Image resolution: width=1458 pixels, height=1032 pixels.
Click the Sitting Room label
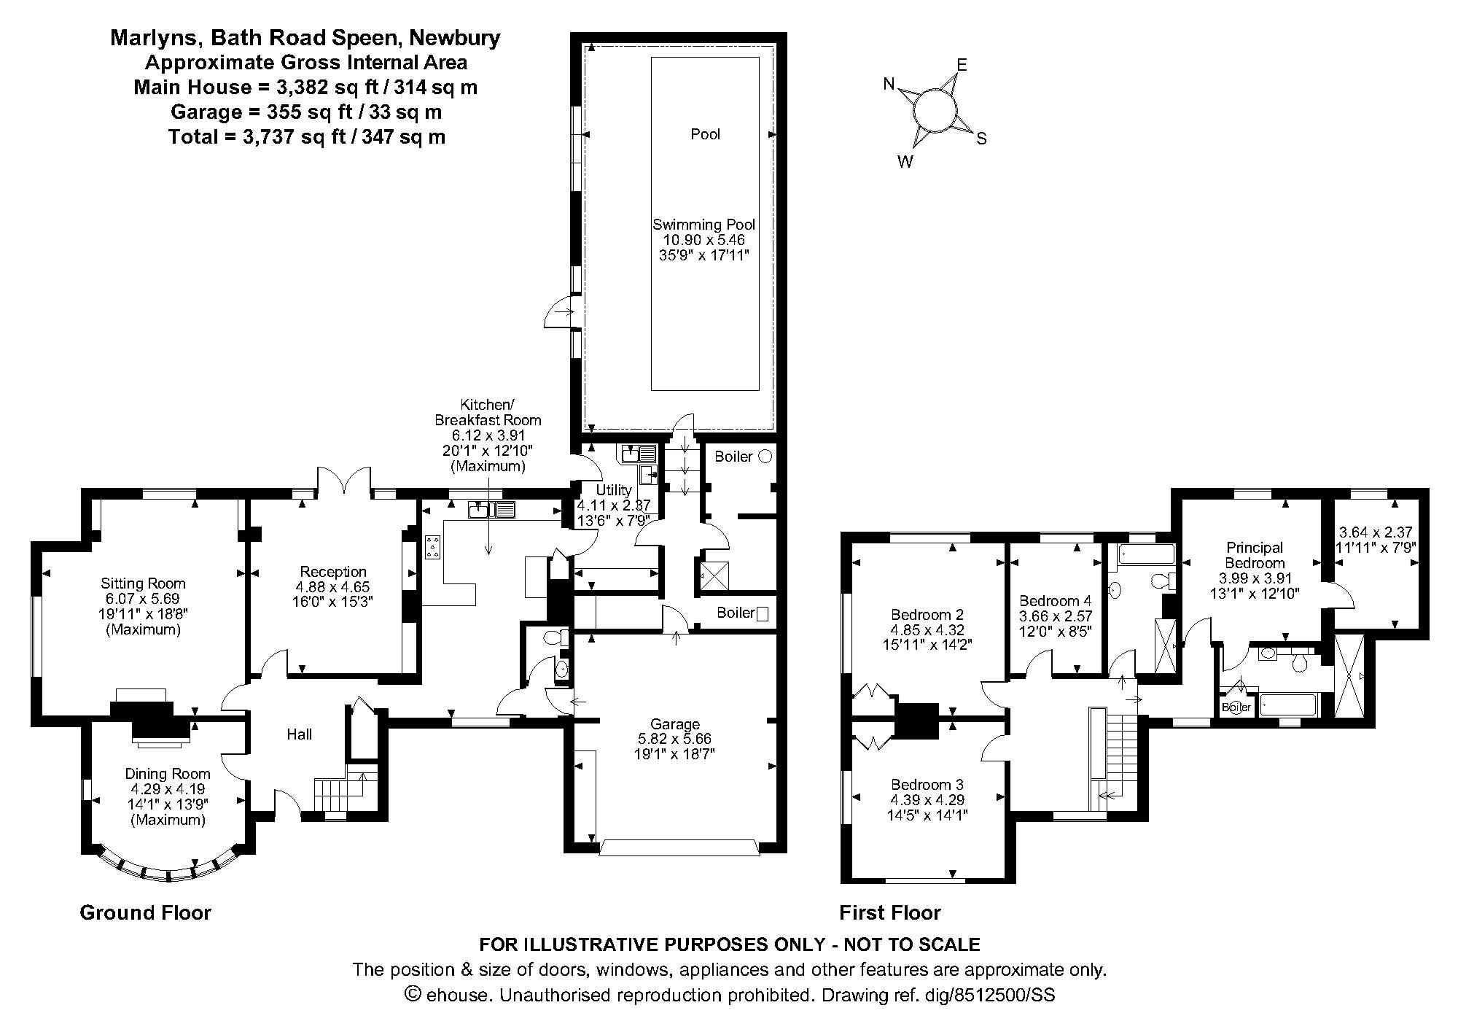pyautogui.click(x=143, y=583)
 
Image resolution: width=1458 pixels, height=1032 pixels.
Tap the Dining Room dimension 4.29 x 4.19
pyautogui.click(x=168, y=789)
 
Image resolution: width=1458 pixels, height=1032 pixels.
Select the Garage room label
pyautogui.click(x=675, y=724)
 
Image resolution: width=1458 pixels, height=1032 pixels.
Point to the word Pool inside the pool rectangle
pyautogui.click(x=705, y=134)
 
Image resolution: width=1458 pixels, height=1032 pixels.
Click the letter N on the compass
pyautogui.click(x=889, y=85)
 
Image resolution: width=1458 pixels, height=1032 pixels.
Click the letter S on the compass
pyautogui.click(x=981, y=139)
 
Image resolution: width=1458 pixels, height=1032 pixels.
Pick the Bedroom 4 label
pyautogui.click(x=1055, y=601)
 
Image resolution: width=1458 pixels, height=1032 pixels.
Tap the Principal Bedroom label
pyautogui.click(x=1254, y=555)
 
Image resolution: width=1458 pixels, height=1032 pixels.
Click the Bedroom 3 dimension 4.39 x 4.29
pyautogui.click(x=927, y=800)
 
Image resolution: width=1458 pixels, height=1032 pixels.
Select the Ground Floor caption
pyautogui.click(x=145, y=912)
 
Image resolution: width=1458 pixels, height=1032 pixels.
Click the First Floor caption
pyautogui.click(x=889, y=912)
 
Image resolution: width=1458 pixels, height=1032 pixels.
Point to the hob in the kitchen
pyautogui.click(x=433, y=547)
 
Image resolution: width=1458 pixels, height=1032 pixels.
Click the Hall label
pyautogui.click(x=299, y=734)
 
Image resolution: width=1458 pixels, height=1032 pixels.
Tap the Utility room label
pyautogui.click(x=613, y=490)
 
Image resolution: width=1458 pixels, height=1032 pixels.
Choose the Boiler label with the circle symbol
pyautogui.click(x=733, y=457)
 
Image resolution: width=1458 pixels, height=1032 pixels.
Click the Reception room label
pyautogui.click(x=333, y=572)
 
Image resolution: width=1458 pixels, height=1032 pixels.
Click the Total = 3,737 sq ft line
pyautogui.click(x=306, y=137)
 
